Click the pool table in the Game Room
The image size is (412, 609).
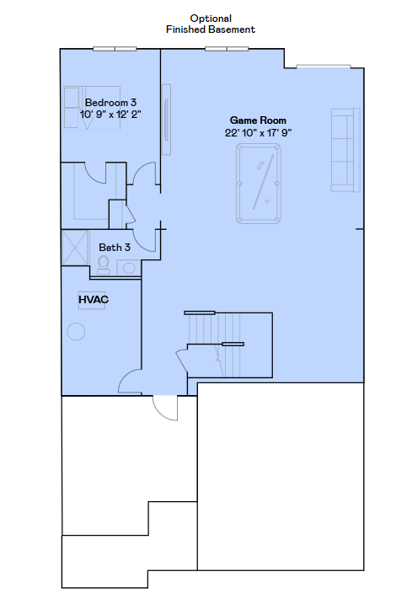coord(259,184)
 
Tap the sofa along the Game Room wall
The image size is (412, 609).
coord(342,148)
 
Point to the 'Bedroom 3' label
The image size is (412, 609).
coord(110,102)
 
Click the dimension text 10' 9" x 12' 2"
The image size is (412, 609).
coord(110,114)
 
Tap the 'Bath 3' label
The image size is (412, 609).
coord(115,248)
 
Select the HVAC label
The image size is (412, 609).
coord(94,299)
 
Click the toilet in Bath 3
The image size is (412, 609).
coord(104,264)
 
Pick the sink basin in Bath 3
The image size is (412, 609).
coord(129,268)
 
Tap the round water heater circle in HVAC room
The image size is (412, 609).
coord(77,332)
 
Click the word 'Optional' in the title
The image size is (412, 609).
coord(210,18)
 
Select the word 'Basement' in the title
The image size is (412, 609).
coord(233,29)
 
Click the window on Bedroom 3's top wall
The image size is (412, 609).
coord(115,48)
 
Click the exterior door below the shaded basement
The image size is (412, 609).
coord(166,409)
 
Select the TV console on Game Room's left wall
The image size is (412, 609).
coord(167,119)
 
